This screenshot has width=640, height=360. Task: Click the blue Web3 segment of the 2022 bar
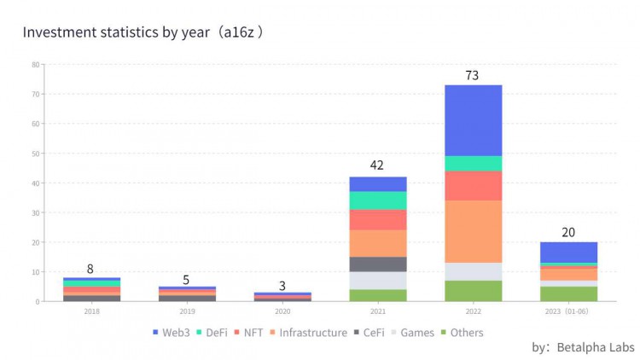(x=472, y=120)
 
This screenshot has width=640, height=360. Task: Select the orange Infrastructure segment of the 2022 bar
(x=472, y=231)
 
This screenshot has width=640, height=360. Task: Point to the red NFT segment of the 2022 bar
(x=472, y=186)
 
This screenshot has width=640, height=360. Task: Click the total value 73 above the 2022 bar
(x=472, y=75)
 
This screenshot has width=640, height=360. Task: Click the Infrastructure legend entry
(x=312, y=333)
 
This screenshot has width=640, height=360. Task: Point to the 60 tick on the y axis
(x=36, y=124)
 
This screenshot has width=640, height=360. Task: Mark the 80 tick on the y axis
(x=36, y=65)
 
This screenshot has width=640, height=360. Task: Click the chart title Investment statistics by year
(x=142, y=32)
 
